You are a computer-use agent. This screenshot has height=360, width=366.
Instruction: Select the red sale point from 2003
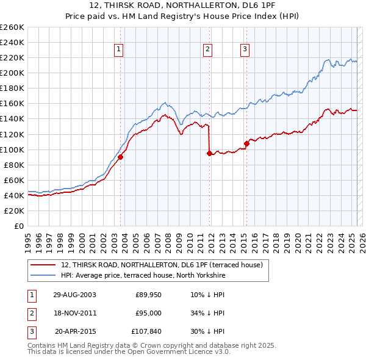click(x=121, y=157)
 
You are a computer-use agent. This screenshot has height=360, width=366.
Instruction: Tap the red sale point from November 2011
click(x=209, y=153)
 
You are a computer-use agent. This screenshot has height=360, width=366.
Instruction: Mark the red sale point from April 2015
click(x=247, y=143)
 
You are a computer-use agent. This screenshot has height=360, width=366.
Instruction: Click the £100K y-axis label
click(x=12, y=149)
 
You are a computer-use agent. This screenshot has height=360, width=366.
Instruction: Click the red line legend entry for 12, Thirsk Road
click(x=162, y=265)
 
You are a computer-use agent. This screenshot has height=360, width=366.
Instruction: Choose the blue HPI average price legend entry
click(x=143, y=276)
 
